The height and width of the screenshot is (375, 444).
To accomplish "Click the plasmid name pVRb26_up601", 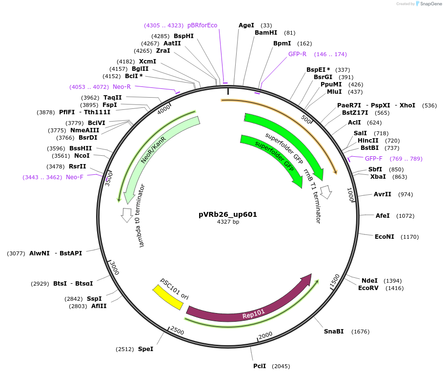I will click(227, 214).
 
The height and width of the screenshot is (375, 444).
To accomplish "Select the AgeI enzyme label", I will click(246, 25).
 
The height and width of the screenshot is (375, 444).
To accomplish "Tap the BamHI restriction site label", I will click(266, 33).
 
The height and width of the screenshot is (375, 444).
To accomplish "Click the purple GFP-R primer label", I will click(297, 54).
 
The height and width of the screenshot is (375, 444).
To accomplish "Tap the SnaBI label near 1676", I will click(334, 332).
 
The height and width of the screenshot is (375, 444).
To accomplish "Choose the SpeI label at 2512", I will click(145, 349).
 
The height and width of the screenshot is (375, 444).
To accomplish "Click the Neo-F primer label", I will click(75, 177).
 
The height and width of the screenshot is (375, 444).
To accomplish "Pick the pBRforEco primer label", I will click(202, 25).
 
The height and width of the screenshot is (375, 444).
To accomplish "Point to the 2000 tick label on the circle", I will click(266, 335).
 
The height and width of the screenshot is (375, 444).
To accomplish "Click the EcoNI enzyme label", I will click(384, 237).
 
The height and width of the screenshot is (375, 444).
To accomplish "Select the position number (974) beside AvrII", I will click(405, 194).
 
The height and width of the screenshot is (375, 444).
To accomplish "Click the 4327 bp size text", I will click(228, 222).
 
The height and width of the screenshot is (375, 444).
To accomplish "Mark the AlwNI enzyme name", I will click(40, 253).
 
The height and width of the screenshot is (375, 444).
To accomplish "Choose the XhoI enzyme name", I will click(407, 105).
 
